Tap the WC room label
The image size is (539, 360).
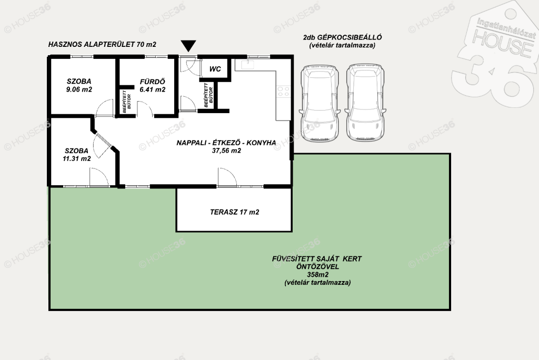tap(215, 69)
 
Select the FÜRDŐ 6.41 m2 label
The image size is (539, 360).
tap(153, 86)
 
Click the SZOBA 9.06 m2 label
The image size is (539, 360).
tap(79, 85)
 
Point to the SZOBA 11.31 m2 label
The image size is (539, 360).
tap(77, 155)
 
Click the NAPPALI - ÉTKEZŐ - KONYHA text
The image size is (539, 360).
tap(226, 143)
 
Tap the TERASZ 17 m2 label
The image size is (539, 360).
tap(234, 212)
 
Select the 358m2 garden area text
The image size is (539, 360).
tap(317, 275)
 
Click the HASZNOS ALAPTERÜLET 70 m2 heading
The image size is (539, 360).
tap(102, 44)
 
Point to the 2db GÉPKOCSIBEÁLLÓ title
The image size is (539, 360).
tap(342, 37)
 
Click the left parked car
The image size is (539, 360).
tap(320, 103)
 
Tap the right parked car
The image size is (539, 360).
tap(365, 103)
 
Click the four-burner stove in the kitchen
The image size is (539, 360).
tap(284, 92)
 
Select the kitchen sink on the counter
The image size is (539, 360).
tap(247, 64)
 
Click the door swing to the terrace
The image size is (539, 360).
tap(227, 177)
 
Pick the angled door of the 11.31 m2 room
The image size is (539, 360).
tap(103, 144)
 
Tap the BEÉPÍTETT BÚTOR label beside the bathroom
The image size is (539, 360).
tap(126, 102)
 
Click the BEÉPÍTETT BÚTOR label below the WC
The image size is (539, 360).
tap(208, 95)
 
